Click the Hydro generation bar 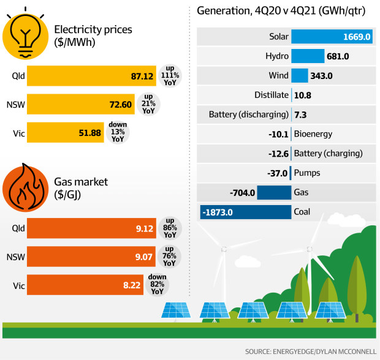307,56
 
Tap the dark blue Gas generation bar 273,193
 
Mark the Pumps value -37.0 275,173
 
